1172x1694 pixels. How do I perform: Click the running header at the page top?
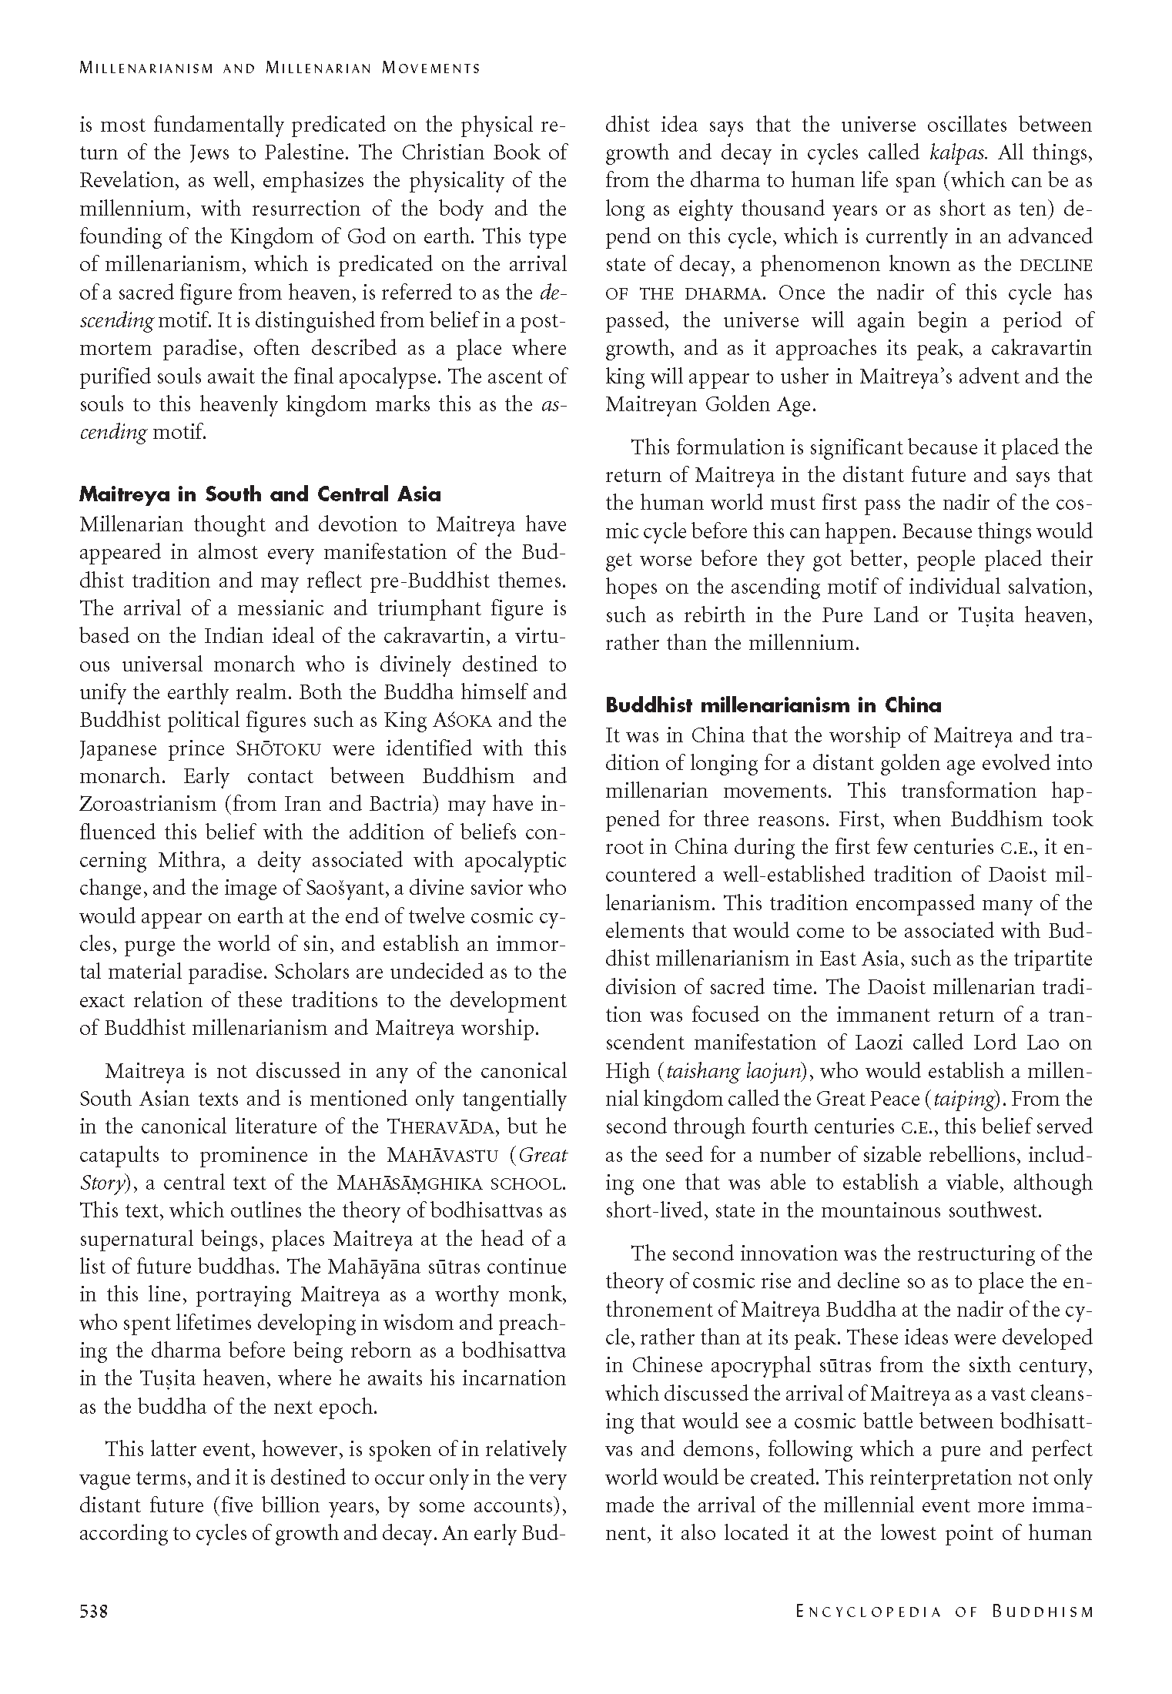[x=280, y=68]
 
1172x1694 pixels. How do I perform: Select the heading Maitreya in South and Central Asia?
[x=260, y=494]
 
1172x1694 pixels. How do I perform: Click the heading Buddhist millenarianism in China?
[x=773, y=705]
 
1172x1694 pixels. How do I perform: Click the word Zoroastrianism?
[x=148, y=804]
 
